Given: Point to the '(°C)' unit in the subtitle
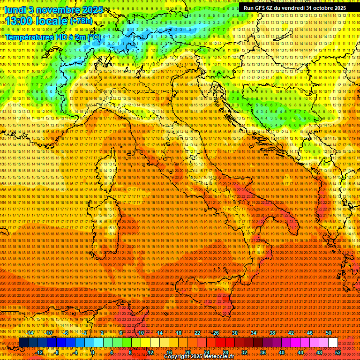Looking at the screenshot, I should pyautogui.click(x=93, y=37).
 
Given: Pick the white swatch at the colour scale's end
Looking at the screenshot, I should pyautogui.click(x=333, y=343).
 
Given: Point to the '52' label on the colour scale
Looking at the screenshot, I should pyautogui.click(x=338, y=352).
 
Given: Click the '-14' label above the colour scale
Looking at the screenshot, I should pyautogui.click(x=30, y=333).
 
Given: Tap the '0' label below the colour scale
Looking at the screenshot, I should pyautogui.click(x=92, y=352).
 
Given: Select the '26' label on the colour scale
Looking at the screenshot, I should pyautogui.click(x=216, y=333).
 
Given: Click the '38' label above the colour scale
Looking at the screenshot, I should pyautogui.click(x=272, y=333).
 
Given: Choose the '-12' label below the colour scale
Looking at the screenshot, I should pyautogui.click(x=40, y=352).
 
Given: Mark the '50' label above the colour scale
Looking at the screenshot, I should pyautogui.click(x=329, y=333).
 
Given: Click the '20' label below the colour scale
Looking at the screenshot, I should pyautogui.click(x=188, y=352).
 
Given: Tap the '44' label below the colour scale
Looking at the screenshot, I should pyautogui.click(x=300, y=352).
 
